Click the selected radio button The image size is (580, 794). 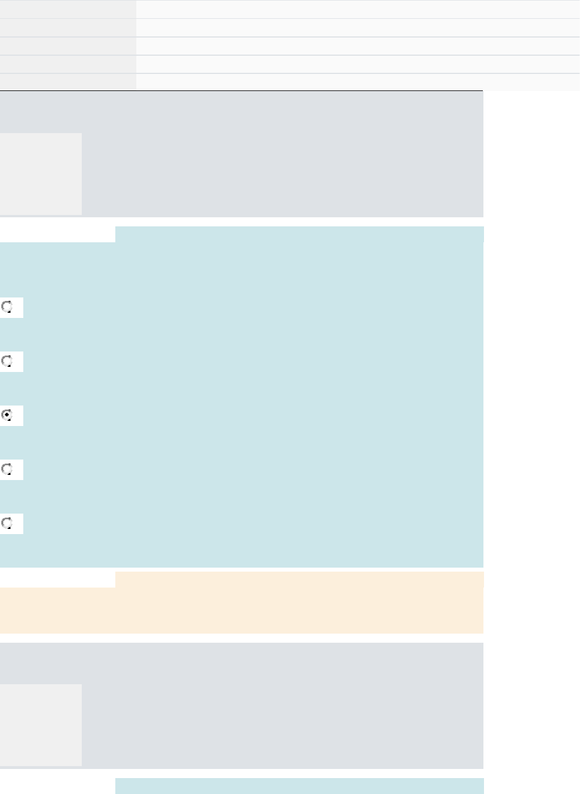(x=7, y=415)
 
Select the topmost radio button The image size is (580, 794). (x=7, y=307)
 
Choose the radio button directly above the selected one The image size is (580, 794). (x=7, y=361)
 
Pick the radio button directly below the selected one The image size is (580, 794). (x=7, y=469)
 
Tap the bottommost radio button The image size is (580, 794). (x=7, y=523)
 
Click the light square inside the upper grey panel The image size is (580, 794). (x=40, y=174)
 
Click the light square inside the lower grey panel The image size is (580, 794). (x=40, y=725)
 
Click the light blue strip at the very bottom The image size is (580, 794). (x=299, y=786)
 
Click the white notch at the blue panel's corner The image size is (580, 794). (x=57, y=234)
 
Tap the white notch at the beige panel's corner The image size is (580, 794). (x=57, y=580)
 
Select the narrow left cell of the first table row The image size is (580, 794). (x=68, y=9)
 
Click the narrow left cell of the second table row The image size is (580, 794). (x=68, y=27)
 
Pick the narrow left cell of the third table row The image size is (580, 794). (x=68, y=46)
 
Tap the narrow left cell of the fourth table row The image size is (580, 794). (x=68, y=64)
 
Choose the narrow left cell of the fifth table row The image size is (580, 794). (x=68, y=82)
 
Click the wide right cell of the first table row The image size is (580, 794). (x=358, y=9)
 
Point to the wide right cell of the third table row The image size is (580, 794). (x=358, y=46)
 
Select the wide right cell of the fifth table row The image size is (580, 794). (x=358, y=82)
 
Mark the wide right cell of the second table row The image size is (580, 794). (x=358, y=27)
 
